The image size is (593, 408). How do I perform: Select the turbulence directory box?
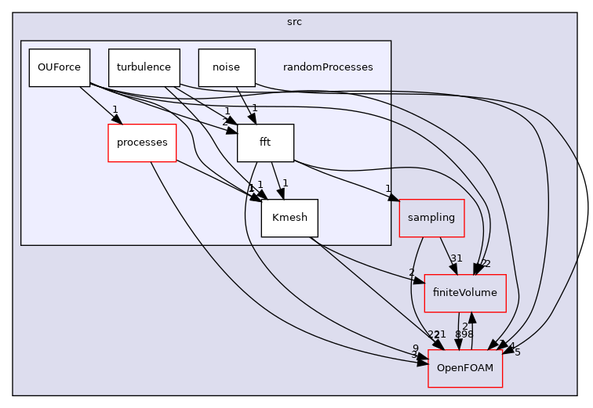tap(144, 67)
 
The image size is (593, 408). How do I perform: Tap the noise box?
tap(227, 67)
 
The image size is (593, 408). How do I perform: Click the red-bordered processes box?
tap(142, 143)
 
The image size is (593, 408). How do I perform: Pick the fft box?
tap(265, 143)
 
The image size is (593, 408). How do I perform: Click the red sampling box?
tap(432, 218)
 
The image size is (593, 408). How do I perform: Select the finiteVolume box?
tap(465, 294)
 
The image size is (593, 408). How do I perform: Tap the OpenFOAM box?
tap(465, 368)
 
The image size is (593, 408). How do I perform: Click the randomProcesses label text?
tap(328, 67)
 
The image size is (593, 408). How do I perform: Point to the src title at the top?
tap(295, 21)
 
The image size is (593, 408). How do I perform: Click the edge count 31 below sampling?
tap(456, 258)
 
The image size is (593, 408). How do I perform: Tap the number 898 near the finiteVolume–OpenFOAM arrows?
tap(464, 334)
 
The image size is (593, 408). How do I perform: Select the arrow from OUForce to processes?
tap(98, 105)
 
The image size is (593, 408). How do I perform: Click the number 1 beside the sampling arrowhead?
tap(387, 189)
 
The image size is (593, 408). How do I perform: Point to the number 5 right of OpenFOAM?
tap(517, 352)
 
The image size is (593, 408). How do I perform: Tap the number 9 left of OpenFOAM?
tap(416, 348)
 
